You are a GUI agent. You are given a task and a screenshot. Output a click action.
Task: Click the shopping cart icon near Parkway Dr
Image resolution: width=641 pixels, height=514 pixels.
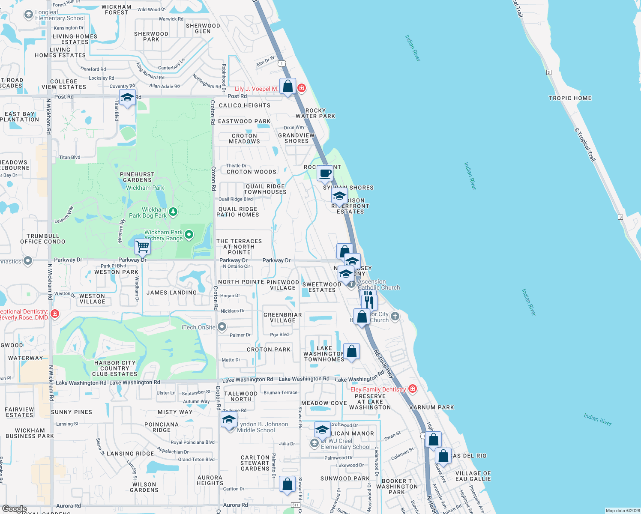(142, 247)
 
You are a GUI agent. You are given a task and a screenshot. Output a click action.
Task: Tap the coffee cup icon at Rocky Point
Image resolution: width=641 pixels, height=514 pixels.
(325, 173)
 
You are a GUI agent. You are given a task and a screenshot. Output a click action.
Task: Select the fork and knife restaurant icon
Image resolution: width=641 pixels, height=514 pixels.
(369, 302)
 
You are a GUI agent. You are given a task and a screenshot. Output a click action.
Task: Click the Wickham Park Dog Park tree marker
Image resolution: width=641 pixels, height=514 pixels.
(173, 212)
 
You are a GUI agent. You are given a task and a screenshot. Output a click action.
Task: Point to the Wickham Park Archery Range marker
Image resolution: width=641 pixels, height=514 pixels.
(189, 235)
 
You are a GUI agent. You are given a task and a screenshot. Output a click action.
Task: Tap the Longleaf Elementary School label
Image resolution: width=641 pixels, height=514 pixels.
(60, 15)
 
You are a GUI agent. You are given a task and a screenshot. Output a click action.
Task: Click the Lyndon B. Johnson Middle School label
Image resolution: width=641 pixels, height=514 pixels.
(262, 427)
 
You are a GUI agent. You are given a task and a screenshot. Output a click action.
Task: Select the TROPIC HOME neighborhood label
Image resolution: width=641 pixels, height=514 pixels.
(570, 98)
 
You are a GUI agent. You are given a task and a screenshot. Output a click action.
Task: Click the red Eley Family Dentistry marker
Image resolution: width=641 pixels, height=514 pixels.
(413, 389)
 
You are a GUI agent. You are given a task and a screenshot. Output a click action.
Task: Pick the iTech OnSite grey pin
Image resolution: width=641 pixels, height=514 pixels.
(222, 327)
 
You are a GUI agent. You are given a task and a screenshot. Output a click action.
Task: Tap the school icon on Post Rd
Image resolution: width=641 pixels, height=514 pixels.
(127, 98)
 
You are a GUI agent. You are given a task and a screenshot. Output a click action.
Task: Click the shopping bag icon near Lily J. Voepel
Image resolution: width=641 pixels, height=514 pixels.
(288, 87)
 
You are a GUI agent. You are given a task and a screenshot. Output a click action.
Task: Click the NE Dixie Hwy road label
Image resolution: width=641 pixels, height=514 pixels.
(384, 364)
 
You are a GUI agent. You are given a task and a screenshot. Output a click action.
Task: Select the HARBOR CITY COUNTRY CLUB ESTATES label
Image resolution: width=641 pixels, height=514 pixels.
(115, 368)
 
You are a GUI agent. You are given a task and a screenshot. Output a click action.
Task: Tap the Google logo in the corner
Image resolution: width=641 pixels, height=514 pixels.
(14, 509)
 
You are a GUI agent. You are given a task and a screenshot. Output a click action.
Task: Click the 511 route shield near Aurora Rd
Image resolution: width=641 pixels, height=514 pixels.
(295, 505)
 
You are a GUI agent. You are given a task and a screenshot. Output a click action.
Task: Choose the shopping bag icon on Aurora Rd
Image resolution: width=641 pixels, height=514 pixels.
(287, 484)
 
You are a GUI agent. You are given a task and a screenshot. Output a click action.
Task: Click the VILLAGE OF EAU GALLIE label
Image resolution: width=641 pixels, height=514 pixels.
(473, 476)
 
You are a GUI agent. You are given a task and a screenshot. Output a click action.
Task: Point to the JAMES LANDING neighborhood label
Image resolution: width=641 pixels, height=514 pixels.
(171, 293)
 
